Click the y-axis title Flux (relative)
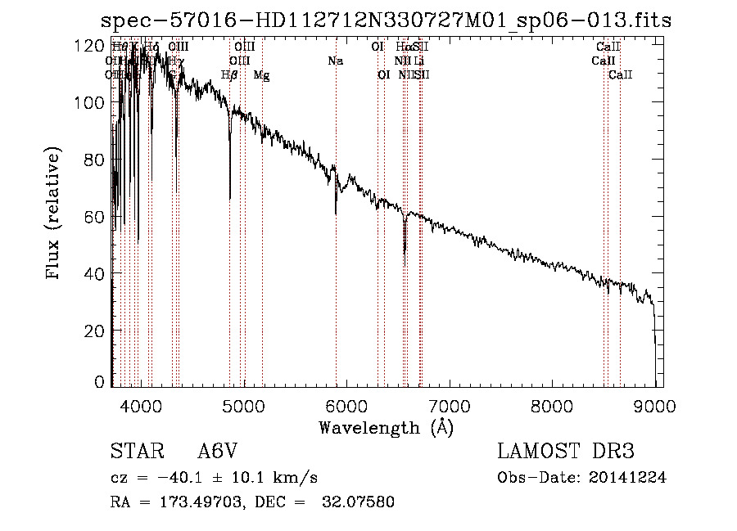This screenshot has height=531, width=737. (x=55, y=214)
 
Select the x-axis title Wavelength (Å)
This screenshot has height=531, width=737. (x=386, y=427)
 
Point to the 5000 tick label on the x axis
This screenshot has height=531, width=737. (x=244, y=405)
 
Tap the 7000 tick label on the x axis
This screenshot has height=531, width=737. (x=450, y=405)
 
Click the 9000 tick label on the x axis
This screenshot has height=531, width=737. (x=655, y=405)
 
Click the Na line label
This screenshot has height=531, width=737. (x=335, y=61)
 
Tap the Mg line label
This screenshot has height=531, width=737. (x=261, y=75)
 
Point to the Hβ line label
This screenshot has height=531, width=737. (x=229, y=75)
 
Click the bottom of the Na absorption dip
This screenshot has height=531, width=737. (x=336, y=213)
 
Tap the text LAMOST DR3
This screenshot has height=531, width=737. (x=565, y=452)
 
